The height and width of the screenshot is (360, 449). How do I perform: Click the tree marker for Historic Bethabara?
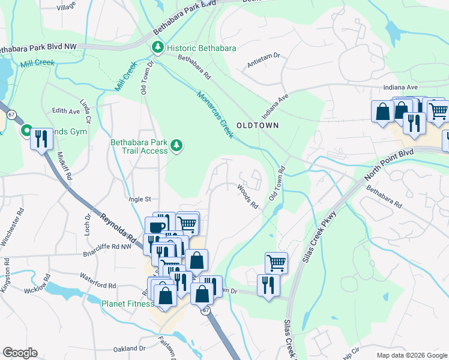tap(158, 47)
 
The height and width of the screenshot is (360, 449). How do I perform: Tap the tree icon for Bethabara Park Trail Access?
tap(176, 145)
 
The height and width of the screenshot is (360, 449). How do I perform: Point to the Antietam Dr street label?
tap(264, 61)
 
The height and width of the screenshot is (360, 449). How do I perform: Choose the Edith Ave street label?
tap(66, 111)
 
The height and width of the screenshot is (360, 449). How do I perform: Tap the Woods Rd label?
tap(247, 196)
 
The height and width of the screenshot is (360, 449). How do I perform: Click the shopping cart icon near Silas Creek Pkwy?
tap(276, 262)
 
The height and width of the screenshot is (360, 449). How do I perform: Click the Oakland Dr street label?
tap(130, 348)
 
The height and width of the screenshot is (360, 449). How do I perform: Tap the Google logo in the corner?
tap(20, 353)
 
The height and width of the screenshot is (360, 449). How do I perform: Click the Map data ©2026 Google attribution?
tap(412, 355)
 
